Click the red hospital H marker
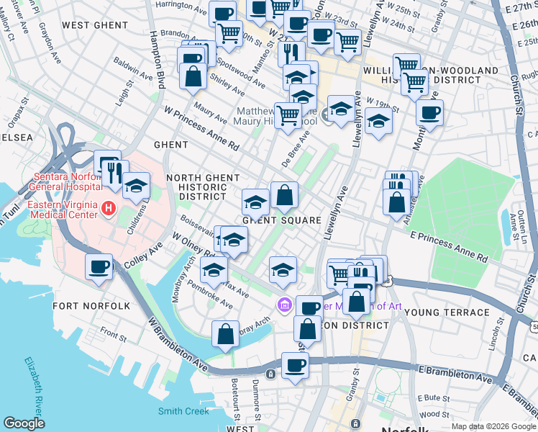109,209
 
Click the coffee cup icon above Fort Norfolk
99,267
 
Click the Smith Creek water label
183,411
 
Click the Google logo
24,423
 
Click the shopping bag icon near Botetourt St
226,334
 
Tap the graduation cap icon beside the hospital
135,186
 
